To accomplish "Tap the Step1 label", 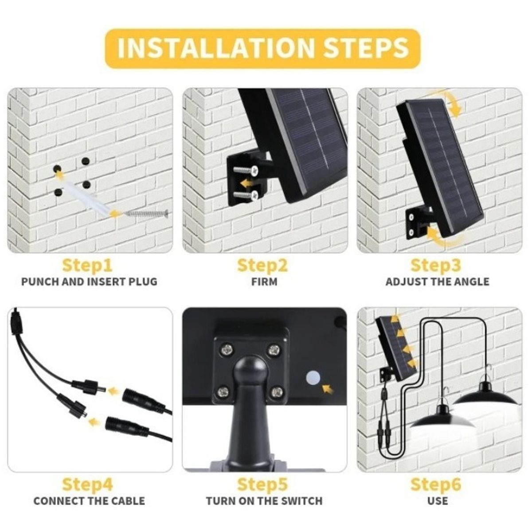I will (x=87, y=265).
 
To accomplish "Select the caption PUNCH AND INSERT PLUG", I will (x=89, y=282).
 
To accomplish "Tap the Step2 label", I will (x=262, y=265).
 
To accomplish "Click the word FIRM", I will (x=264, y=282).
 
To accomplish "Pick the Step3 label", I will (x=436, y=265).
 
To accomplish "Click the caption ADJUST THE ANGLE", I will (x=438, y=282).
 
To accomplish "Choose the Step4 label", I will (x=87, y=484).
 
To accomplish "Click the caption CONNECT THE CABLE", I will (x=89, y=501).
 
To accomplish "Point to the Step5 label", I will (x=262, y=484).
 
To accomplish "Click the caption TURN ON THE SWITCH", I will (x=264, y=501).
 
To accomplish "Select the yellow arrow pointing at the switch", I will (x=328, y=389).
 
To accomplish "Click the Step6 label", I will (x=436, y=484).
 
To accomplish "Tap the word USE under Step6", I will (x=438, y=501).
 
